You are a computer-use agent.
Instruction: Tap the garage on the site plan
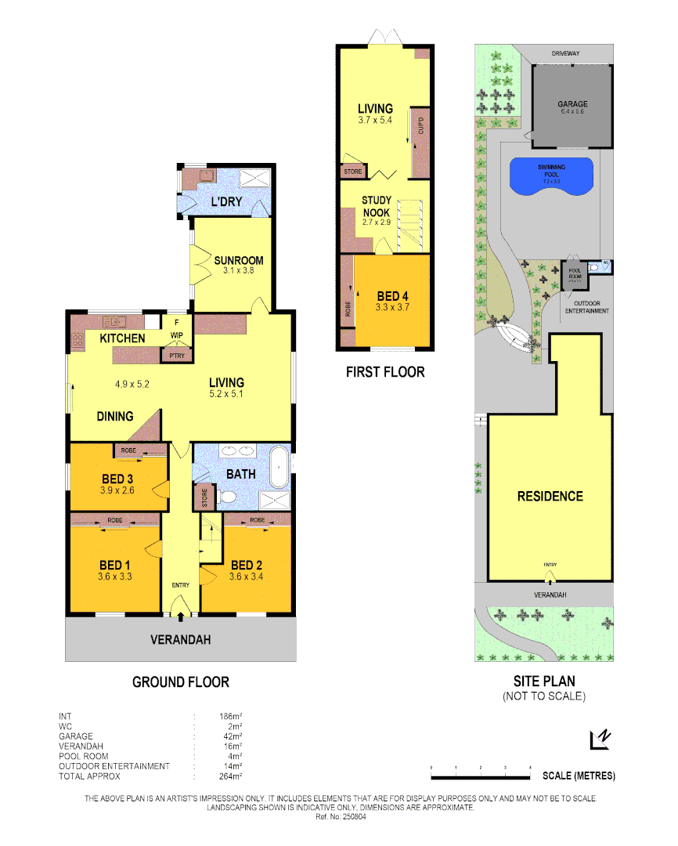[572, 106]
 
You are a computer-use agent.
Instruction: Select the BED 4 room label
[392, 296]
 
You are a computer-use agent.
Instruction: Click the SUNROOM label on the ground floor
[238, 261]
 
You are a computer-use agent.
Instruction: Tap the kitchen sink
[114, 320]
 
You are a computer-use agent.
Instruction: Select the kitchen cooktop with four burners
[78, 340]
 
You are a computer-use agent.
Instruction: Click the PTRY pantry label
[174, 356]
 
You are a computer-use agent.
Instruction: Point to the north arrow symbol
[600, 738]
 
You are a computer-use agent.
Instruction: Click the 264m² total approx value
[230, 776]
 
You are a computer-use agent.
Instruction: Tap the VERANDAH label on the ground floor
[180, 640]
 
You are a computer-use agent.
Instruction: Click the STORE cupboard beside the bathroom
[205, 499]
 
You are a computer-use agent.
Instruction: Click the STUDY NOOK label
[376, 206]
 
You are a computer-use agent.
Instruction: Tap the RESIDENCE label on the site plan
[550, 496]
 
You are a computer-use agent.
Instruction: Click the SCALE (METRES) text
[579, 776]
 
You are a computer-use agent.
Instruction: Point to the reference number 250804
[341, 815]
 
